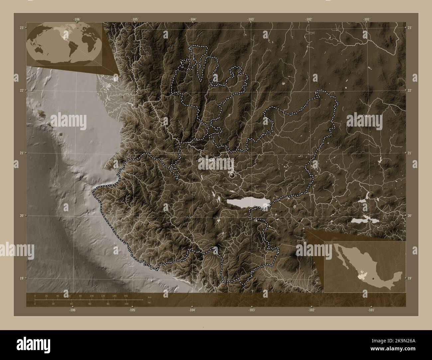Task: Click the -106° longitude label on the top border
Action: coord(77,19)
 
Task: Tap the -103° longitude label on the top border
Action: coord(251,19)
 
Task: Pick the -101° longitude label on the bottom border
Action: coord(372,310)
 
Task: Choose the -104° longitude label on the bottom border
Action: coord(192,310)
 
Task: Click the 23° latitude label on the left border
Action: coord(21,28)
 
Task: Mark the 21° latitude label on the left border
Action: coord(21,153)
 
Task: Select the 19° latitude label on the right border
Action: coord(410,278)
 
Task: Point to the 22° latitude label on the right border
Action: coord(410,90)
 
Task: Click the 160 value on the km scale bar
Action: coord(126,296)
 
